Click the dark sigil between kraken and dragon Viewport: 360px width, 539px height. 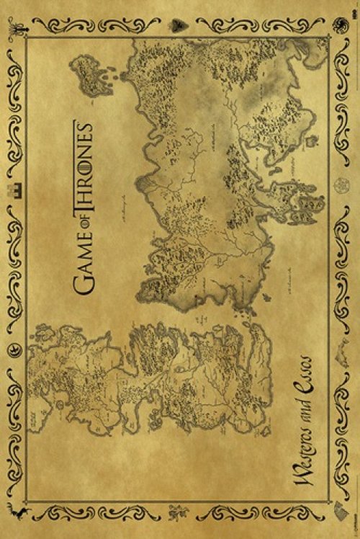[x=177, y=24]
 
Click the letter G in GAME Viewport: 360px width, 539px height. [x=85, y=289]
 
